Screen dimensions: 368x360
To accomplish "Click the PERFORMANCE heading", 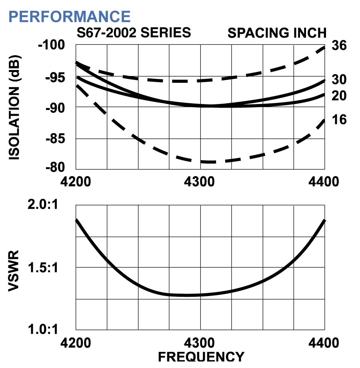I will pyautogui.click(x=69, y=16).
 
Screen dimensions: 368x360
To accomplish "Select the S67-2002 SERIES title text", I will pyautogui.click(x=134, y=33).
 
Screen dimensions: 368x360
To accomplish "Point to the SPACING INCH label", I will pyautogui.click(x=277, y=33).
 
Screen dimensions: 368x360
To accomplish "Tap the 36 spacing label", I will pyautogui.click(x=339, y=47).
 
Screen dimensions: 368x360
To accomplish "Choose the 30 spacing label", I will pyautogui.click(x=339, y=80).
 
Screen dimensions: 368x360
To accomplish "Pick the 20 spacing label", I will pyautogui.click(x=339, y=96).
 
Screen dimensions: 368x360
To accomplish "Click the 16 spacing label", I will pyautogui.click(x=339, y=120).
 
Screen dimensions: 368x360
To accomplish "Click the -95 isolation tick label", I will pyautogui.click(x=56, y=77).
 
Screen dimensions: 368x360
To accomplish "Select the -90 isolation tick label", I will pyautogui.click(x=56, y=108).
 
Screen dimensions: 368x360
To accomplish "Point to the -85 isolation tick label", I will pyautogui.click(x=56, y=139).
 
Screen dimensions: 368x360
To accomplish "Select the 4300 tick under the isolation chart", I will pyautogui.click(x=200, y=182).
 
